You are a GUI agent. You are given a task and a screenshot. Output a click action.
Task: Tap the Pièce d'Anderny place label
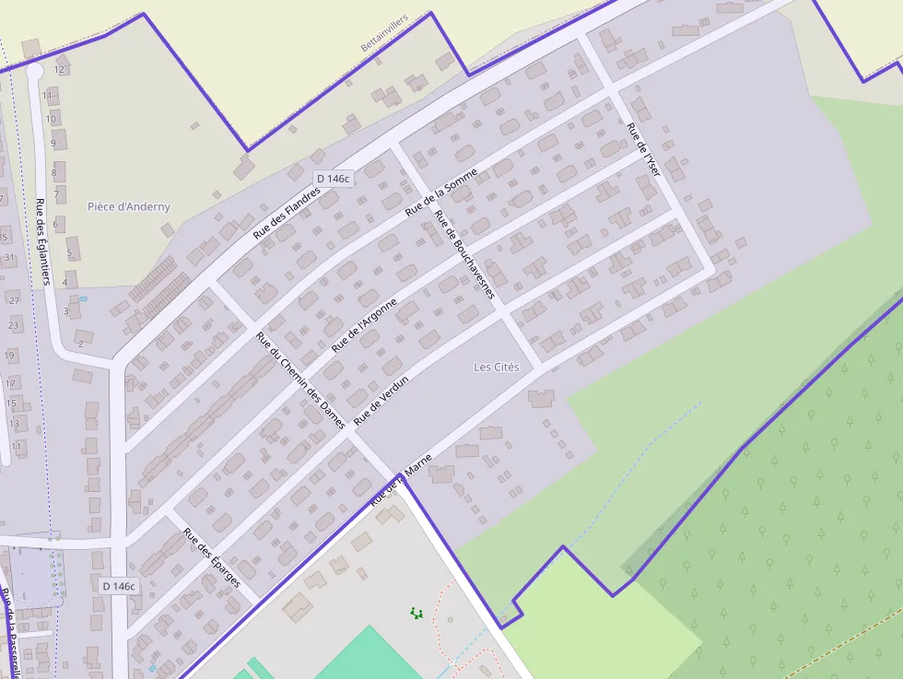pos(129,206)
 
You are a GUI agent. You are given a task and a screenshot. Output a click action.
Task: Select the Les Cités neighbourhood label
pos(497,367)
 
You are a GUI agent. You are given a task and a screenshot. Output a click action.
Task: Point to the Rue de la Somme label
pos(441,192)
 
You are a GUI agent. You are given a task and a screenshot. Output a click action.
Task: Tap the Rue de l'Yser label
pos(643,149)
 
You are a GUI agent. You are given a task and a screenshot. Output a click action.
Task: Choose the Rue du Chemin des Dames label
pos(300,380)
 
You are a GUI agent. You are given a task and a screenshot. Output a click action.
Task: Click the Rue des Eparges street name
pos(212,557)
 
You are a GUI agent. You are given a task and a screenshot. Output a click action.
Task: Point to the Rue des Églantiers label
pos(41,242)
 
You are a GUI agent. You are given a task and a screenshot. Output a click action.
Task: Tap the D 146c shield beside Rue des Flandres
pos(333,179)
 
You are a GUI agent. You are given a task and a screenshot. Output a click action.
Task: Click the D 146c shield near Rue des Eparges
pos(119,586)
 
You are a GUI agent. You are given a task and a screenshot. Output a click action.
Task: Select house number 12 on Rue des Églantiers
pos(60,69)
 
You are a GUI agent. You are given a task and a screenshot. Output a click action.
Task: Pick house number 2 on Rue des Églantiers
pos(80,344)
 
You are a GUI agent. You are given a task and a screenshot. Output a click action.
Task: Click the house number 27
pos(14,300)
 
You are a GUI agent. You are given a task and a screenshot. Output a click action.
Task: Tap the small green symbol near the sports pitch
pos(416,612)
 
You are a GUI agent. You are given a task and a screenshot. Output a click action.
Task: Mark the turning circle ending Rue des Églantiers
pos(35,70)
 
